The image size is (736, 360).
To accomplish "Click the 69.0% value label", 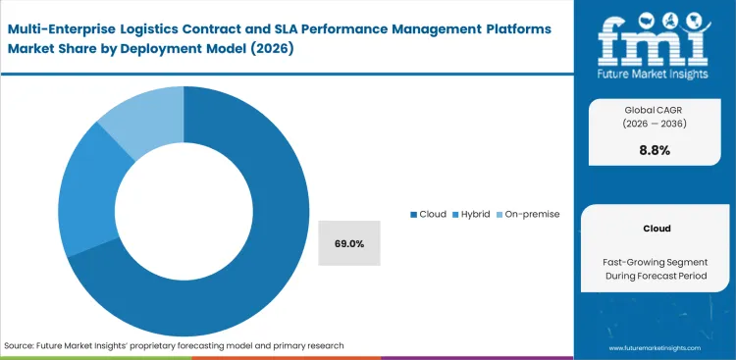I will pos(348,243).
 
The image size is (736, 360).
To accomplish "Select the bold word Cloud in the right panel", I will pos(657,228).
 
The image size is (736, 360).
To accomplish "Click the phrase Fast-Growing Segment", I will pos(657,262).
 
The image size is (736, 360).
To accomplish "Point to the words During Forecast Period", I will pos(657,278).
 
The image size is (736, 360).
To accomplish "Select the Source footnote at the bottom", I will pos(174,345).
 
